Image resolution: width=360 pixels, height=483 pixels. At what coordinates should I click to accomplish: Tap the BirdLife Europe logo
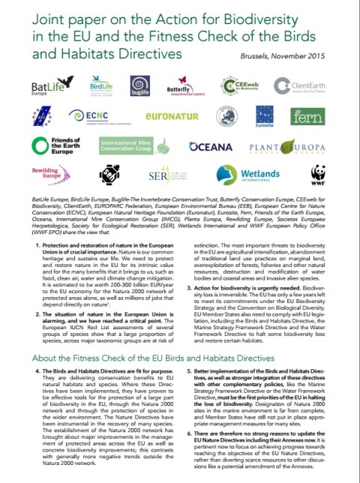tap(100, 88)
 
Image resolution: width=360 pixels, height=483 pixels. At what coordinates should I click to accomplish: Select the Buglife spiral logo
tap(140, 86)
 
